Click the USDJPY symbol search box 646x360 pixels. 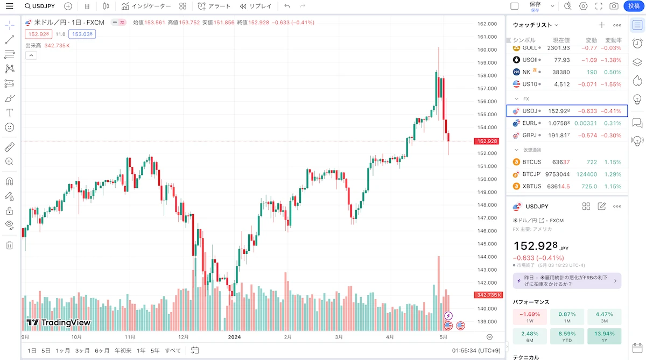[x=40, y=6]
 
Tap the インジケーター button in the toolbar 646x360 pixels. [x=146, y=6]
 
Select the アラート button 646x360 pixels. [x=214, y=6]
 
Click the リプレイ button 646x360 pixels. [x=256, y=6]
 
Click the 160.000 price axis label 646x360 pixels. [x=487, y=50]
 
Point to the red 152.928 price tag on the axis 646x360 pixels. [x=487, y=141]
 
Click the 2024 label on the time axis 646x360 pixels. [x=234, y=337]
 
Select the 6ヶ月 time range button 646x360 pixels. [x=102, y=350]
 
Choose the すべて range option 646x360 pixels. [x=173, y=350]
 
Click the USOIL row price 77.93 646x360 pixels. [x=562, y=60]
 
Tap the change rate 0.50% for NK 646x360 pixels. [x=613, y=72]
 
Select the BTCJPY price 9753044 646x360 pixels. [x=558, y=174]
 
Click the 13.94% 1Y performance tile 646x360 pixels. [x=604, y=336]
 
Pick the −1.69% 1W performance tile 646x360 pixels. [x=530, y=317]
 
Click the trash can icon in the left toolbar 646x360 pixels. [x=10, y=245]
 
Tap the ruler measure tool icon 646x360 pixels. [x=10, y=147]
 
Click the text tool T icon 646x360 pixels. [x=10, y=112]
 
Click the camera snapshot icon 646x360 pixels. [x=614, y=6]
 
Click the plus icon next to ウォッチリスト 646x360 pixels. [x=602, y=25]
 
